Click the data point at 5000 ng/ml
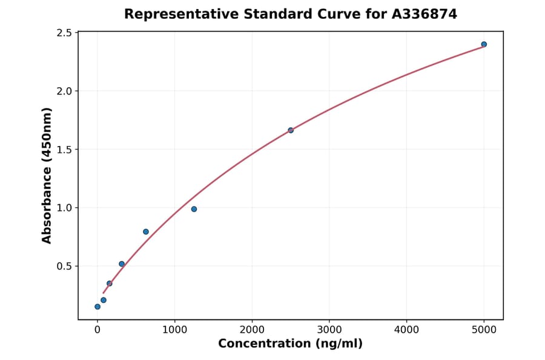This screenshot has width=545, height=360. tap(484, 44)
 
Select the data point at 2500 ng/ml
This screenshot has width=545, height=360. tap(291, 130)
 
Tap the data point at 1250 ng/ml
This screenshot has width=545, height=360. tap(194, 209)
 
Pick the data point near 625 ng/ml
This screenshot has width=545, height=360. tap(146, 232)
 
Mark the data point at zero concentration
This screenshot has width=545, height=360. tap(97, 307)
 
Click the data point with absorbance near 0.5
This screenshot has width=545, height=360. tap(122, 264)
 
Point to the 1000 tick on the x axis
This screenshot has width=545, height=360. tap(174, 330)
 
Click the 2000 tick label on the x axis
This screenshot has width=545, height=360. tap(252, 330)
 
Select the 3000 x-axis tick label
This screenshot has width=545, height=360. tap(329, 330)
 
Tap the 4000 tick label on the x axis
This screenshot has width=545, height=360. tap(406, 330)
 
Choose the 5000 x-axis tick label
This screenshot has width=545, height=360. tap(484, 330)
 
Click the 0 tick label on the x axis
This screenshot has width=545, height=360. tap(97, 330)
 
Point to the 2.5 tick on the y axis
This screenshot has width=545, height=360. tap(64, 33)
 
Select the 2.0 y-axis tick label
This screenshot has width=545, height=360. tap(64, 91)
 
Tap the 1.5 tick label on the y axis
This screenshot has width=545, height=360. tap(64, 150)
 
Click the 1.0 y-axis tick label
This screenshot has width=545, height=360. tap(64, 208)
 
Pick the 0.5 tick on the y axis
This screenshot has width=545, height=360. tap(64, 266)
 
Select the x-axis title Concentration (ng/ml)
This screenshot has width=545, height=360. tap(290, 344)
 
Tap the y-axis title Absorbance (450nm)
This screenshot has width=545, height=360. tap(47, 175)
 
